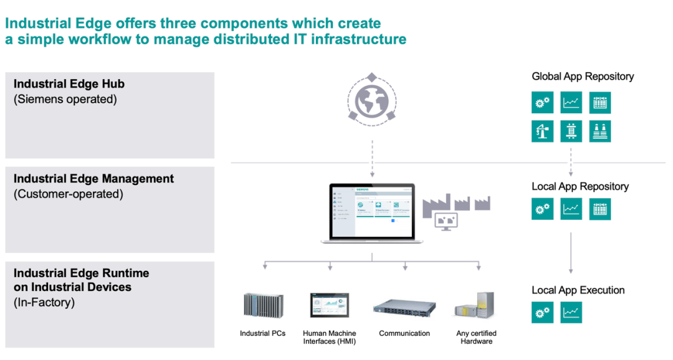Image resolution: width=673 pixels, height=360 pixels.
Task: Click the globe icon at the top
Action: tap(372, 99)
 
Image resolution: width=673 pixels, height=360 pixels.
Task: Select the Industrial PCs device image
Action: tap(263, 305)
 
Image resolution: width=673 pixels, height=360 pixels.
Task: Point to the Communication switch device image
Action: tap(404, 306)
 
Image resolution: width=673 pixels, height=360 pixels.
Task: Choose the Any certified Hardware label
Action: tap(476, 337)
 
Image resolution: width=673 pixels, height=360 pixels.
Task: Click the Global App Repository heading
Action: tap(583, 77)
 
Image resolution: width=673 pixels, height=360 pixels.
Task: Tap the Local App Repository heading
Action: tap(580, 186)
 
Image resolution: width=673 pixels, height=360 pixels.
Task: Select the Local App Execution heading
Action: tap(578, 290)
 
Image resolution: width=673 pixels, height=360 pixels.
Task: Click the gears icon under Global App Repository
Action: tap(542, 103)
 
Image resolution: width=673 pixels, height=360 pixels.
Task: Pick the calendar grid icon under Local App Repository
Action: tap(600, 209)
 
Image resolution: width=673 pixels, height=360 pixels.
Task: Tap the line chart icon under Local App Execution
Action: tap(571, 313)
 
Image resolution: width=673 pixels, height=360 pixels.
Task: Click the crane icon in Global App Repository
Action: tap(542, 131)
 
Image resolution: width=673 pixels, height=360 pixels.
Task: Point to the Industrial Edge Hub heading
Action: tap(69, 84)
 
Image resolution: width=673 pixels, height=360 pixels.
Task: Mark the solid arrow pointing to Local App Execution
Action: tap(571, 252)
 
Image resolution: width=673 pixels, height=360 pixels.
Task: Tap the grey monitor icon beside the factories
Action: tap(446, 220)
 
